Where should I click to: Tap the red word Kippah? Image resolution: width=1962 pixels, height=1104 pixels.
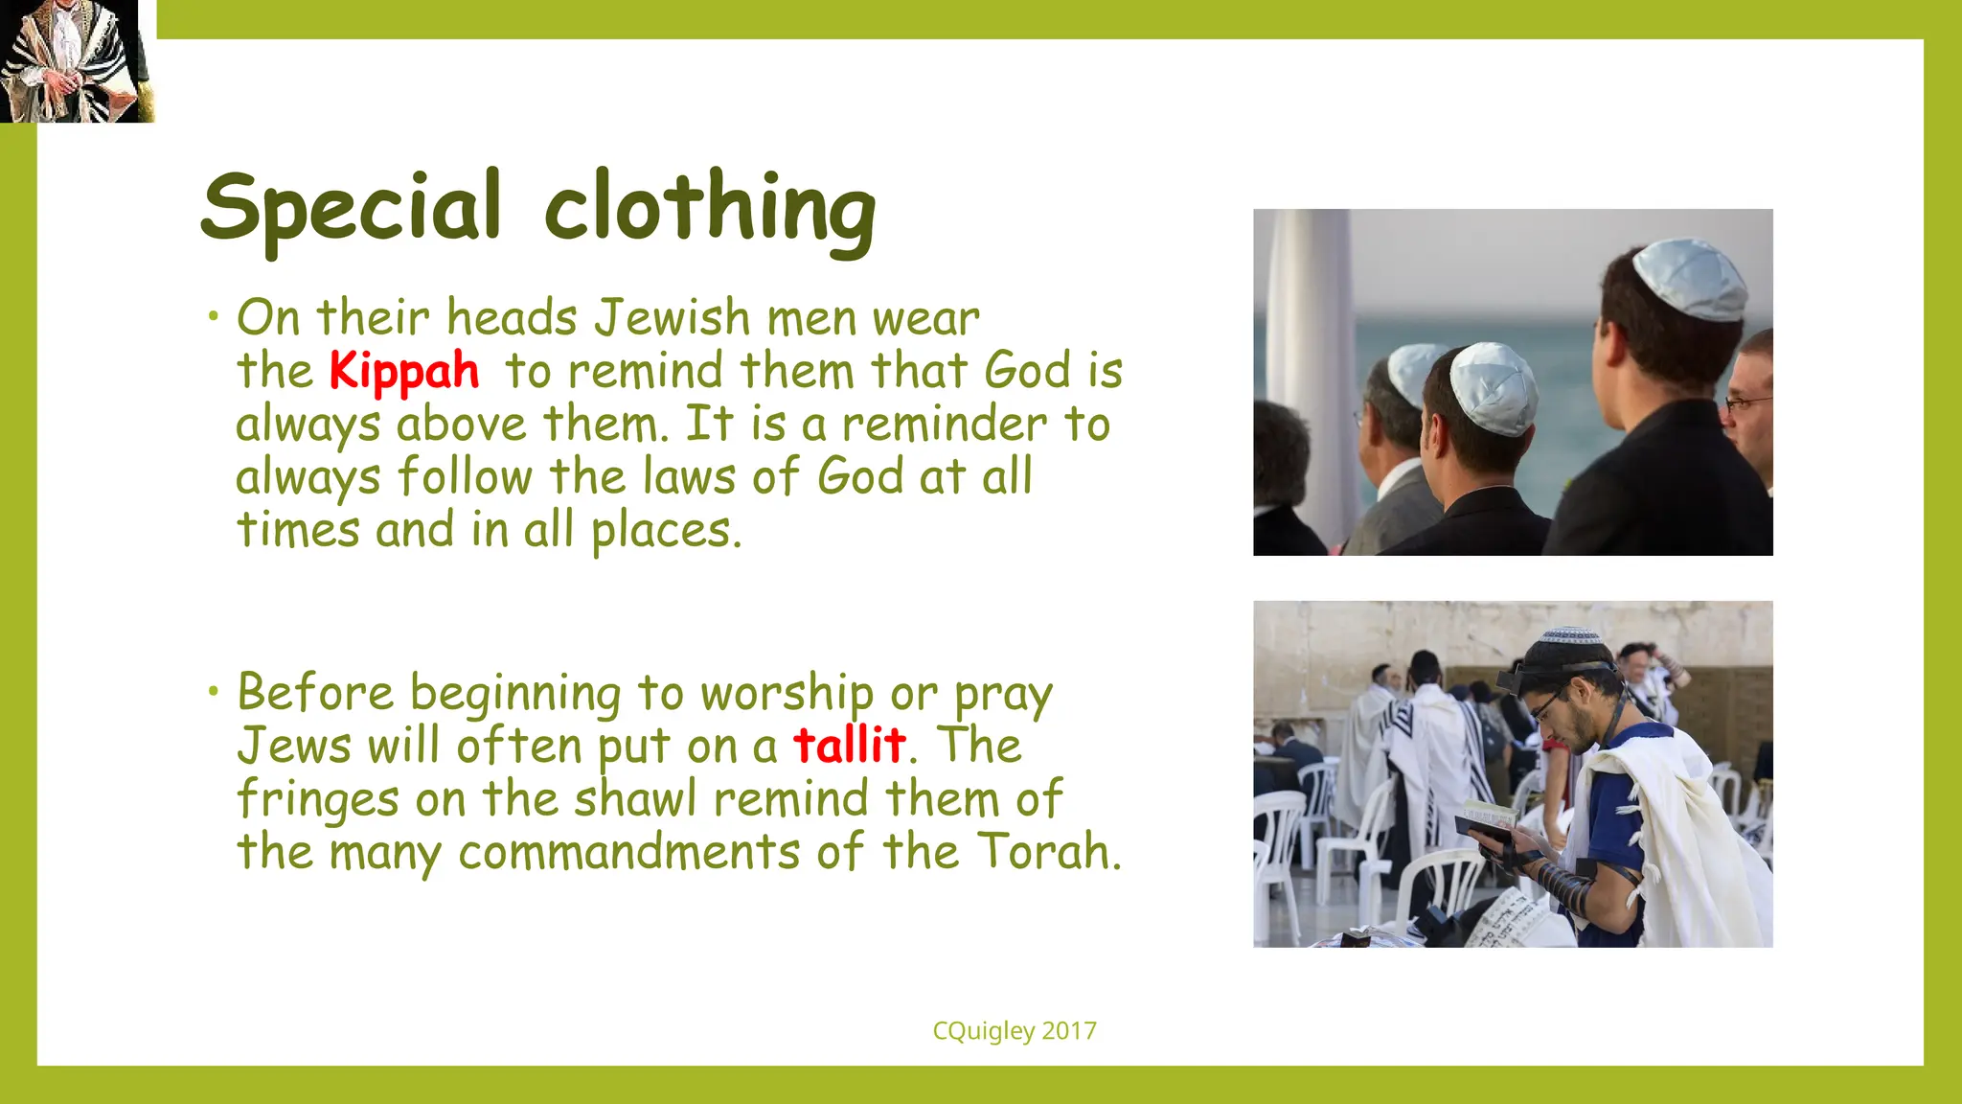click(x=403, y=371)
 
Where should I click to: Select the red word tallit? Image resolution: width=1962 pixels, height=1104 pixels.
click(x=850, y=745)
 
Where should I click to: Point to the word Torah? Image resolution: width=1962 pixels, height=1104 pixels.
click(x=1048, y=851)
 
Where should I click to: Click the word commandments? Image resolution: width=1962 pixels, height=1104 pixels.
click(x=629, y=851)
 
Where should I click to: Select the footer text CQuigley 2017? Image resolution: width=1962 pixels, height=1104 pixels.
click(x=1015, y=1031)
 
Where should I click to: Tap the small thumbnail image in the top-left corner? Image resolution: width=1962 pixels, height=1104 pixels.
click(x=77, y=61)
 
